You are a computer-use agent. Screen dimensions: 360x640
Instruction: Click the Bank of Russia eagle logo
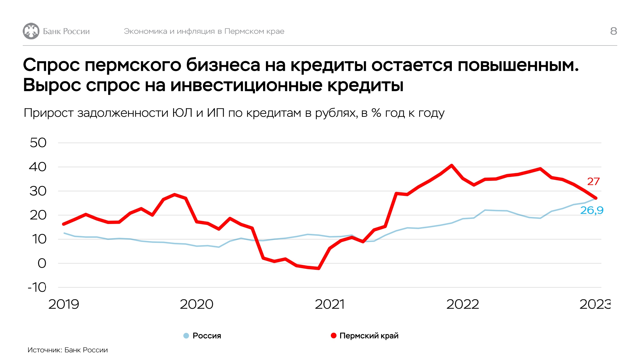pyautogui.click(x=31, y=31)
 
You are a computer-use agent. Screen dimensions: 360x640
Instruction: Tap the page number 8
pyautogui.click(x=613, y=31)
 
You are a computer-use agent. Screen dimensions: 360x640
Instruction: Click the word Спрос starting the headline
pyautogui.click(x=51, y=65)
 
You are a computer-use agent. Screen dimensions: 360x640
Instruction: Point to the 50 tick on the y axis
pyautogui.click(x=38, y=143)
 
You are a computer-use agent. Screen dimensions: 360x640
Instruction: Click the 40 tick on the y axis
pyautogui.click(x=38, y=167)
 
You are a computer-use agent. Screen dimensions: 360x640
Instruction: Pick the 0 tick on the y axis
pyautogui.click(x=42, y=263)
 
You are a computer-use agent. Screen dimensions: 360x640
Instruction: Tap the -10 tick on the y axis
pyautogui.click(x=37, y=287)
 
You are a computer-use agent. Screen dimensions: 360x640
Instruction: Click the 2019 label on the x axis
pyautogui.click(x=64, y=304)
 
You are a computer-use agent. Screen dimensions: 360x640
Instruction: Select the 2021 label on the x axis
pyautogui.click(x=330, y=304)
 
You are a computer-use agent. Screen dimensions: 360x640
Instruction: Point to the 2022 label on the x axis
pyautogui.click(x=463, y=304)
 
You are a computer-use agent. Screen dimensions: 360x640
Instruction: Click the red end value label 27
pyautogui.click(x=593, y=181)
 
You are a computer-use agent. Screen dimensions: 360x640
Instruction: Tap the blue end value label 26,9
pyautogui.click(x=592, y=210)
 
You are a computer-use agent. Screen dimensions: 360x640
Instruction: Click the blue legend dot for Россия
pyautogui.click(x=186, y=336)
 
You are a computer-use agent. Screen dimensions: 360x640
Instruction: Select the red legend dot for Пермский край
pyautogui.click(x=333, y=336)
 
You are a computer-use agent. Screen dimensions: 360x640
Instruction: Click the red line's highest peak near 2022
pyautogui.click(x=452, y=165)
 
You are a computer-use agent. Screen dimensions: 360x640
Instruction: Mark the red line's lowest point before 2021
pyautogui.click(x=318, y=268)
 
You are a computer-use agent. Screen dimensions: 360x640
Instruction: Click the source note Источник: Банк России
pyautogui.click(x=68, y=350)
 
